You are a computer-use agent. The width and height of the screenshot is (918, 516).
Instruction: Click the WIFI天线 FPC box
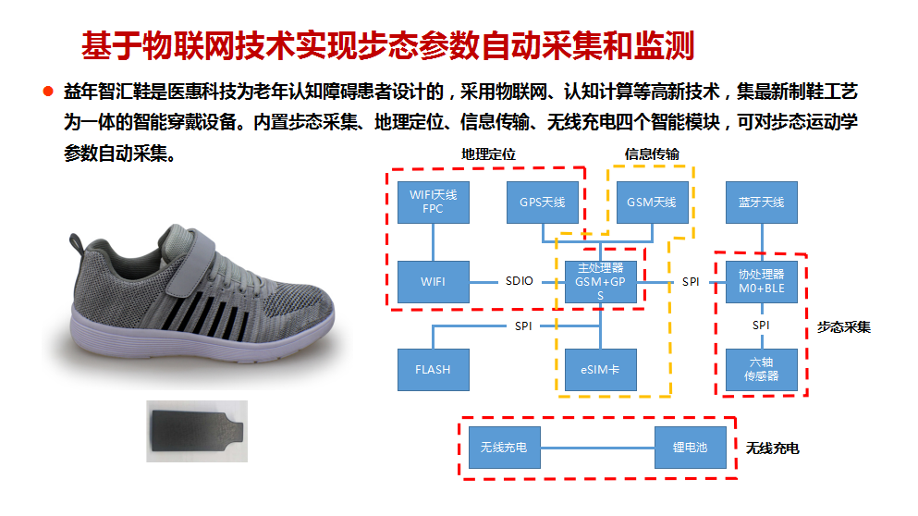434,203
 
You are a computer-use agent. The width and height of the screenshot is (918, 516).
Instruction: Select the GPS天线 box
542,203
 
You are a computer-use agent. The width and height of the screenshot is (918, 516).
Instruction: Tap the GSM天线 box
652,203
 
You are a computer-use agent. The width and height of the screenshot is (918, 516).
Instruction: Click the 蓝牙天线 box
762,203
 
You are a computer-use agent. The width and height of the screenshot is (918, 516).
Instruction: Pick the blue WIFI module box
434,282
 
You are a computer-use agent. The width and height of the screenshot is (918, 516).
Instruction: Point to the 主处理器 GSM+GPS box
601,282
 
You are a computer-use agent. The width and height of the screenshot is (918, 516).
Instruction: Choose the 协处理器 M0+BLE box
762,282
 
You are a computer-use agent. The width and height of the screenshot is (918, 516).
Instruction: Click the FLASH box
434,370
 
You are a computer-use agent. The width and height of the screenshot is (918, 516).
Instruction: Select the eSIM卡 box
601,370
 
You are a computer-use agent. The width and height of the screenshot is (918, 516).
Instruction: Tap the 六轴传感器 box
762,370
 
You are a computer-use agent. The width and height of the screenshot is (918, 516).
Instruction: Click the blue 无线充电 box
504,448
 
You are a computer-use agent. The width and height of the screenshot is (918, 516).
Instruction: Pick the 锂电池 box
691,448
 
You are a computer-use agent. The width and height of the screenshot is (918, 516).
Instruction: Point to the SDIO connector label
520,281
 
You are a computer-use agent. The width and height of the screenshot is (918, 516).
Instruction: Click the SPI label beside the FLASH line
523,326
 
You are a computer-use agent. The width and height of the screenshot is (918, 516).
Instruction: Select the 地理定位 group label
488,154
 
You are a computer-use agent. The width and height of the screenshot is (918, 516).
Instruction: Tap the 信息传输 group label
652,154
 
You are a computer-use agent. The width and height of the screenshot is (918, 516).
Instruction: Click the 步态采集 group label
844,326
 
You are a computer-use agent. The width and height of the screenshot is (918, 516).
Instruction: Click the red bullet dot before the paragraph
48,91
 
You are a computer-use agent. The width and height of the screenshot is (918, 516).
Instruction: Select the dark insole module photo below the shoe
197,431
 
